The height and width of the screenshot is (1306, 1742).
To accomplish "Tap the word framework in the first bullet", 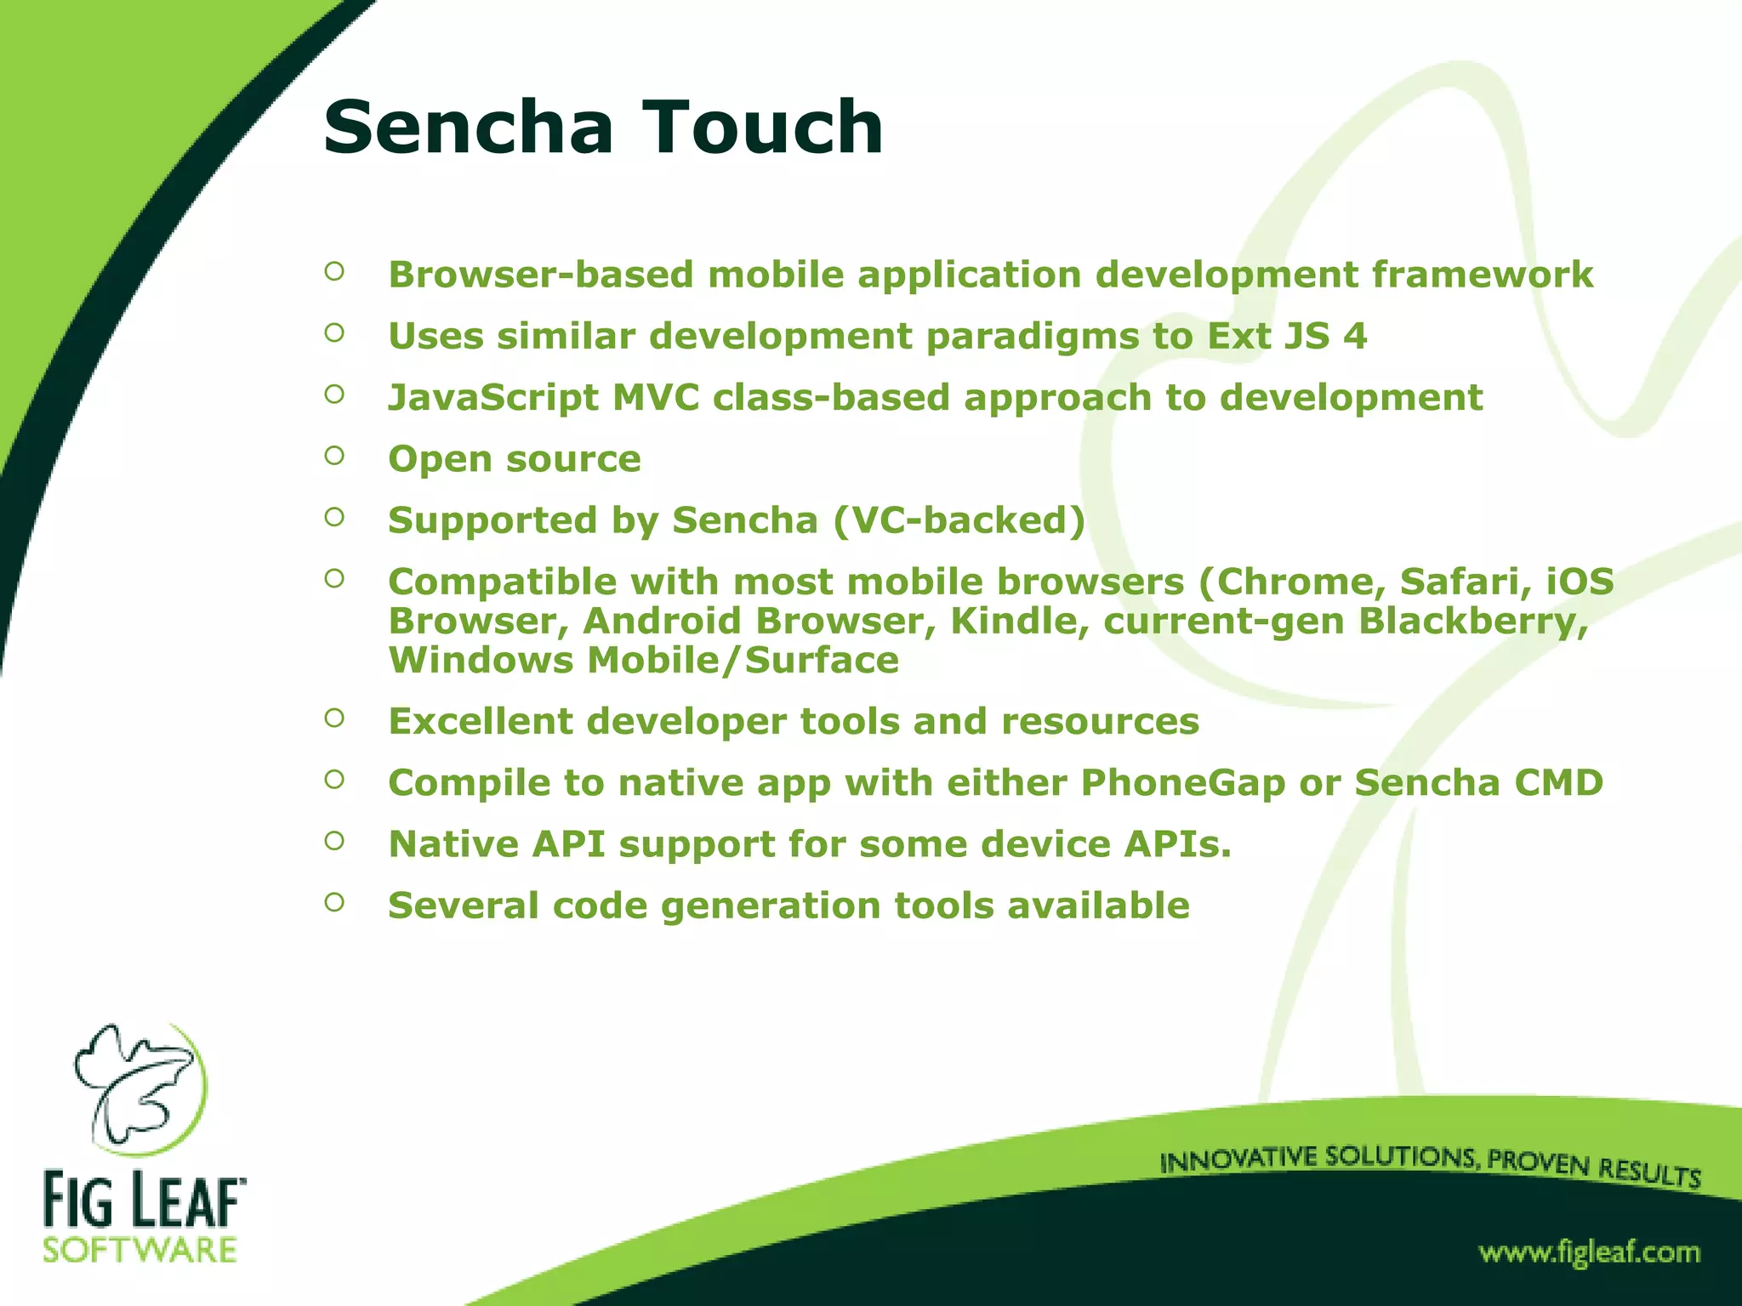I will coord(1482,275).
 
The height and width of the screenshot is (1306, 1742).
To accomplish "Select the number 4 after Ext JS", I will coord(1355,336).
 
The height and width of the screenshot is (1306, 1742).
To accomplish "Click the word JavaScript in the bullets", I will coord(493,398).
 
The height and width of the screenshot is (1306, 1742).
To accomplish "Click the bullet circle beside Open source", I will coord(334,456).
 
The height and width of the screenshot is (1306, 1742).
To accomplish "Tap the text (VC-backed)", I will coord(959,520).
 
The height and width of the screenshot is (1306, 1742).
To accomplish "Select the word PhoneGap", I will coord(1182,783).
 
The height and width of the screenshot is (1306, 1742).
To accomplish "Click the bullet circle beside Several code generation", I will coord(334,902).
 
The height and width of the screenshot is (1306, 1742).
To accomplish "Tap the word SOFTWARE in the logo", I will coord(140,1251).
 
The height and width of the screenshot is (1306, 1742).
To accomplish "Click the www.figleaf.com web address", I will coord(1588,1252).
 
